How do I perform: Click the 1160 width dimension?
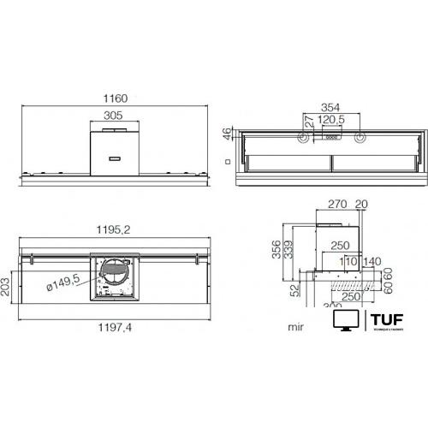click(118, 99)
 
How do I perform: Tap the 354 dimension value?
click(330, 107)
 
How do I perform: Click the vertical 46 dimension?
click(227, 134)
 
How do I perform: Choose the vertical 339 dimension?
click(288, 248)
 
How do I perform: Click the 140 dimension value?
click(371, 260)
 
